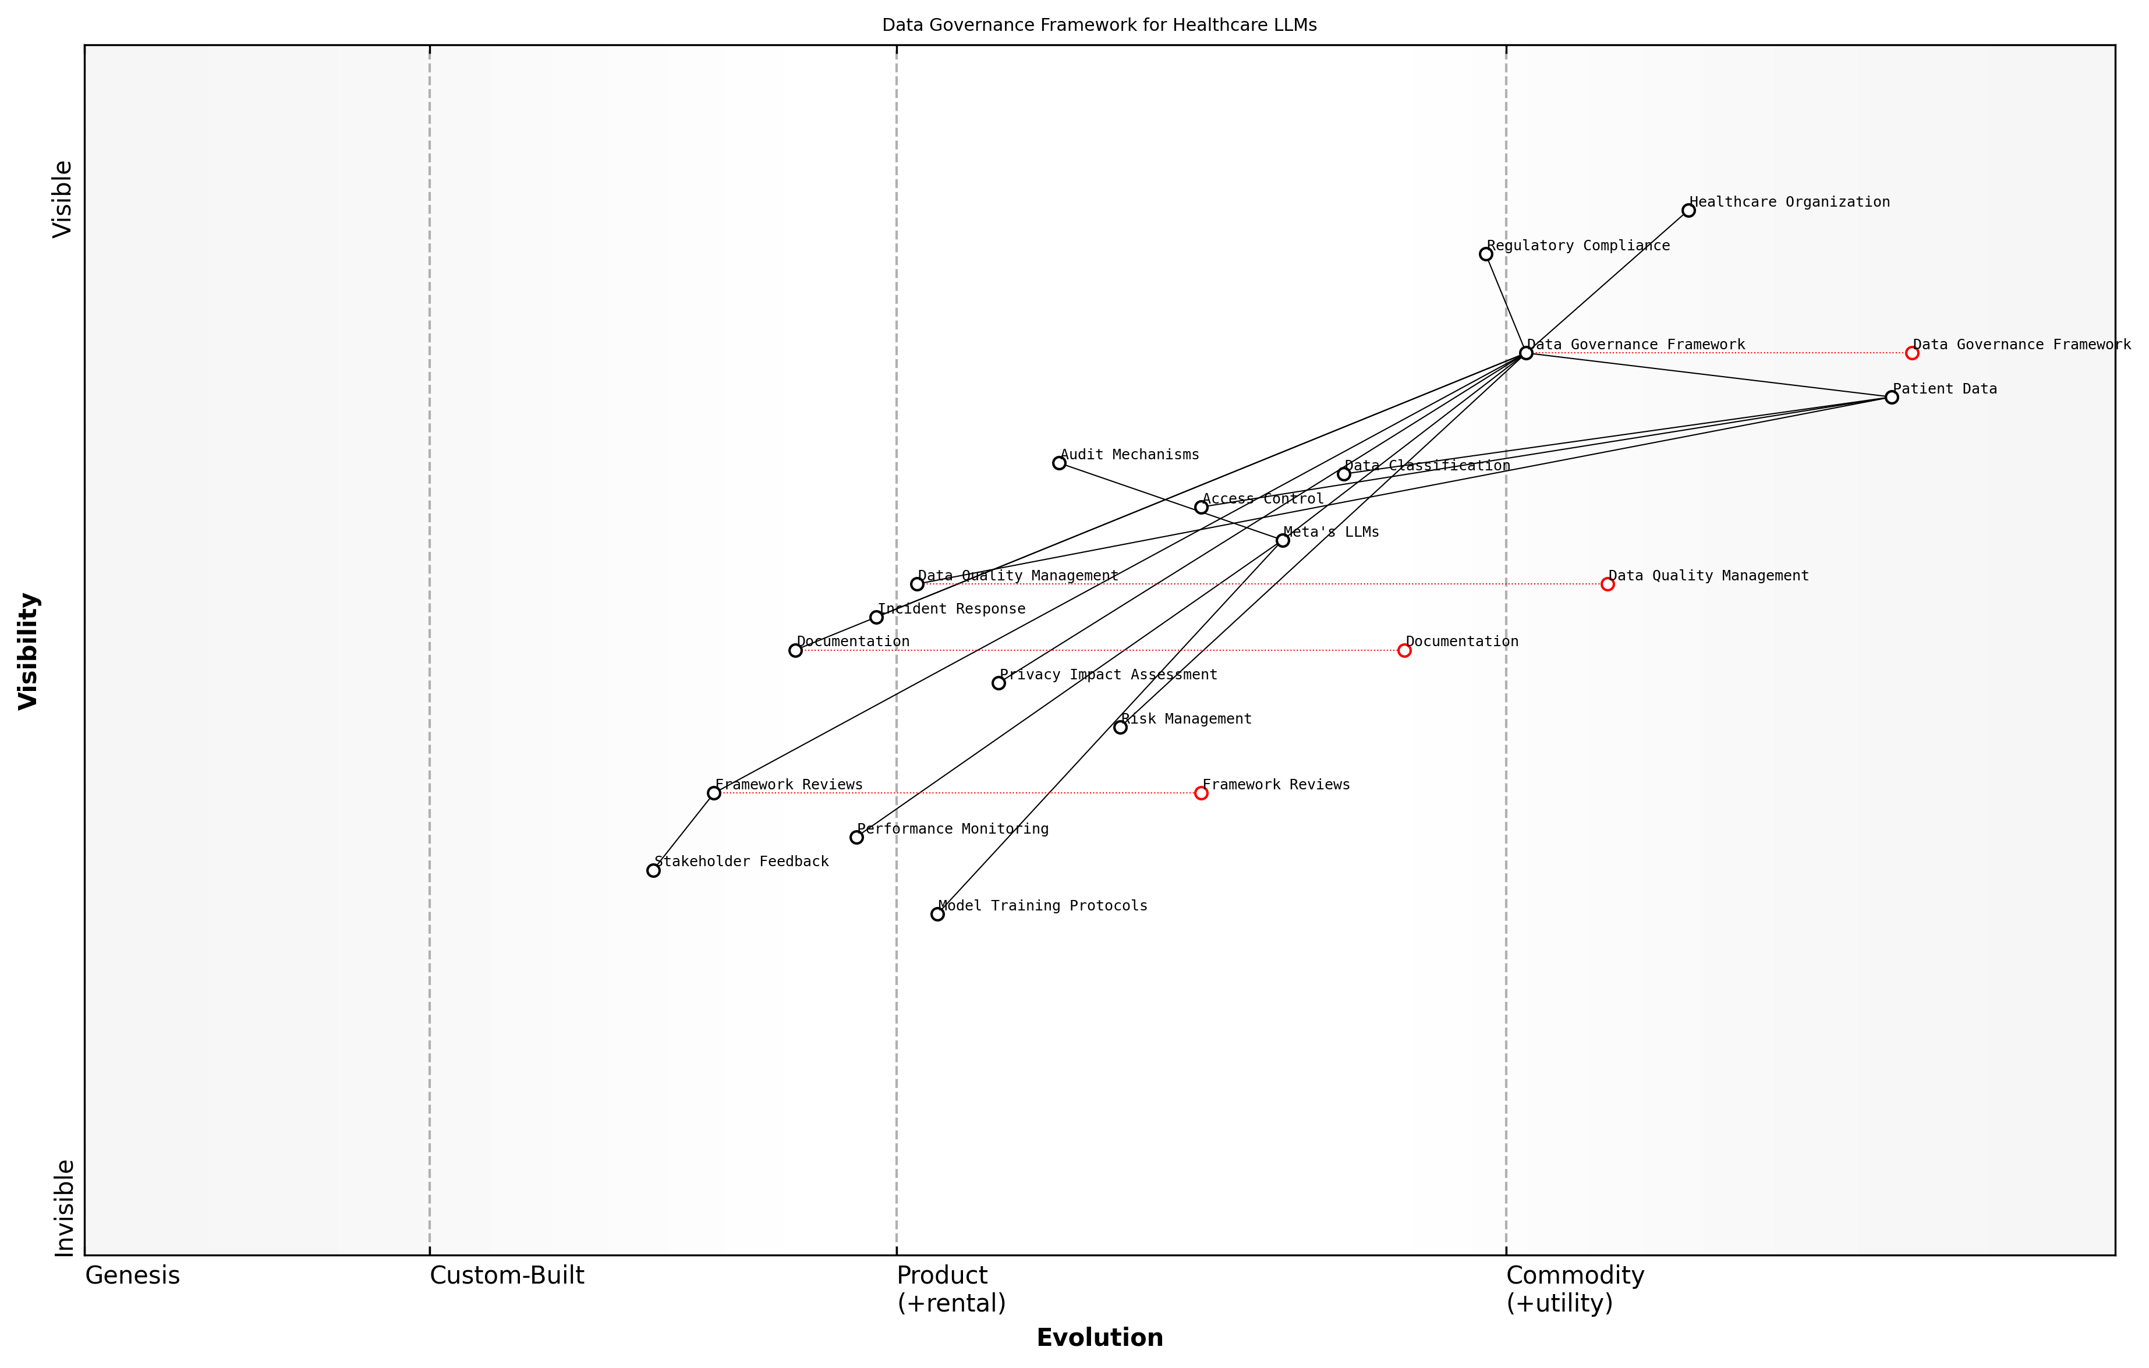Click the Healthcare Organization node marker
[1688, 211]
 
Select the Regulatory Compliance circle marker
[1486, 254]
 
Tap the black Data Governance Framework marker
[1526, 353]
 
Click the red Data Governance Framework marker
[1911, 353]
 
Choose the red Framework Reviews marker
[1201, 793]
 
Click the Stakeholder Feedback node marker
[653, 871]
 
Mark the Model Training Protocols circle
[937, 914]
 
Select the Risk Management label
[1186, 720]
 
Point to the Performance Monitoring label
[953, 829]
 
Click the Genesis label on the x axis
[132, 1276]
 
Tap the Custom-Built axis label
[507, 1276]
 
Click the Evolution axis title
[1099, 1338]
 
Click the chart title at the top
[1099, 25]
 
